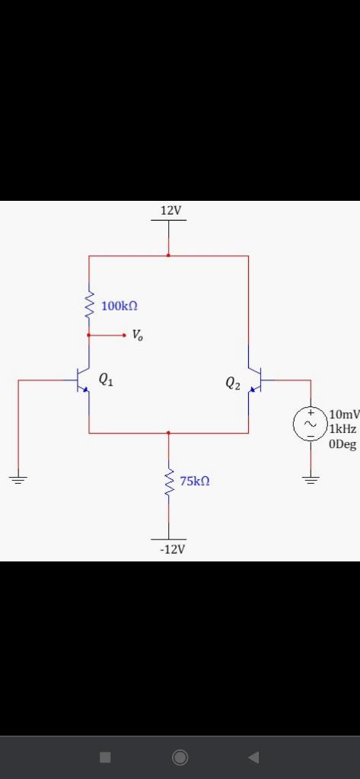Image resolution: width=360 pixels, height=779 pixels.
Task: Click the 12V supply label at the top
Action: coord(171,210)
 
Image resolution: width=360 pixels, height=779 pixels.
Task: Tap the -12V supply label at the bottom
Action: coord(172,549)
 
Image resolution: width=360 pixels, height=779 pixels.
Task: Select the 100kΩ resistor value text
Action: coord(119,306)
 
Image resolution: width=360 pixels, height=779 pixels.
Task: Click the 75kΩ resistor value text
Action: coord(195,481)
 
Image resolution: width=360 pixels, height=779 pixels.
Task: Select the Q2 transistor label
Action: coord(233,384)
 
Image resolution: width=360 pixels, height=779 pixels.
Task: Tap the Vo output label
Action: coord(136,335)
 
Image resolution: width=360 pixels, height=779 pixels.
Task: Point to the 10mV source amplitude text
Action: coord(344,415)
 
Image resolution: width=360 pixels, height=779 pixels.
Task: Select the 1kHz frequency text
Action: coord(343,430)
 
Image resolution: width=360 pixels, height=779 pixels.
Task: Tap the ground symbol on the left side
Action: coord(18,479)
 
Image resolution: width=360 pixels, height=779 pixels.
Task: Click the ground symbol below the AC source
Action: coord(311,479)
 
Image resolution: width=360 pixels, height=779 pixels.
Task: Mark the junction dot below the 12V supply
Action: coord(168,256)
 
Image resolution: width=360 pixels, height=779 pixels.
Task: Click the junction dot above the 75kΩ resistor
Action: coord(168,433)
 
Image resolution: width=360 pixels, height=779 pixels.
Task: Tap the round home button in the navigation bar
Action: coord(180,756)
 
